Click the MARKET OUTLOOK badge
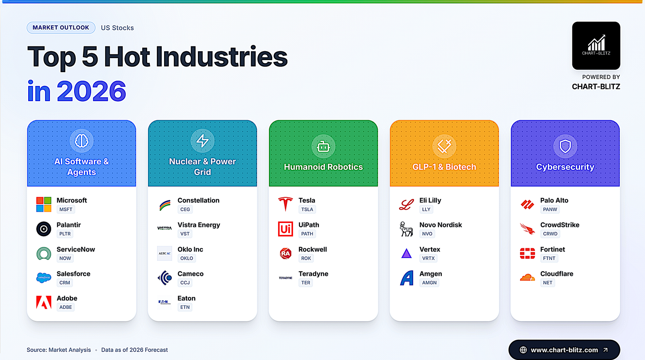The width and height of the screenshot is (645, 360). [61, 28]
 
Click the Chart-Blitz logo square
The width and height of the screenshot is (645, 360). [596, 46]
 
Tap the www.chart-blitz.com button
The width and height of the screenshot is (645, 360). [564, 350]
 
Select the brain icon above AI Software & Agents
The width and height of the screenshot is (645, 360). [81, 141]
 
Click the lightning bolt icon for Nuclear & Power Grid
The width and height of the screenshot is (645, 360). [202, 141]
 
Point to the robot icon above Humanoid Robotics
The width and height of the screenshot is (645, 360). [323, 146]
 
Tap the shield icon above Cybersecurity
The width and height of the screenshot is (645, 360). [565, 146]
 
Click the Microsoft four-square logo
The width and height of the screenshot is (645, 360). [44, 204]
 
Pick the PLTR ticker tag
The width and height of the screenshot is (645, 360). [65, 233]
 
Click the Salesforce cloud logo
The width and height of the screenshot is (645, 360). [44, 278]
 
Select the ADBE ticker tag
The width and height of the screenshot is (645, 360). [66, 307]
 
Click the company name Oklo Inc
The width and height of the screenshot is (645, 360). [190, 250]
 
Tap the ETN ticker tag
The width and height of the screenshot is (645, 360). [185, 307]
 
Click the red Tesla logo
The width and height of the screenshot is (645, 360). [285, 204]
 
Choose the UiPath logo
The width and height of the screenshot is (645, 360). [285, 229]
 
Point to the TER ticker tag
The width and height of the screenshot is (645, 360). [306, 283]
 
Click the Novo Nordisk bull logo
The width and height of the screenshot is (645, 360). [406, 229]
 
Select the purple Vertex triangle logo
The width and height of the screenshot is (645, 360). [406, 254]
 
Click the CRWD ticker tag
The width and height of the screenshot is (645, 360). [550, 233]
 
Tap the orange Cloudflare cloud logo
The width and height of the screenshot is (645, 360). [527, 278]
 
